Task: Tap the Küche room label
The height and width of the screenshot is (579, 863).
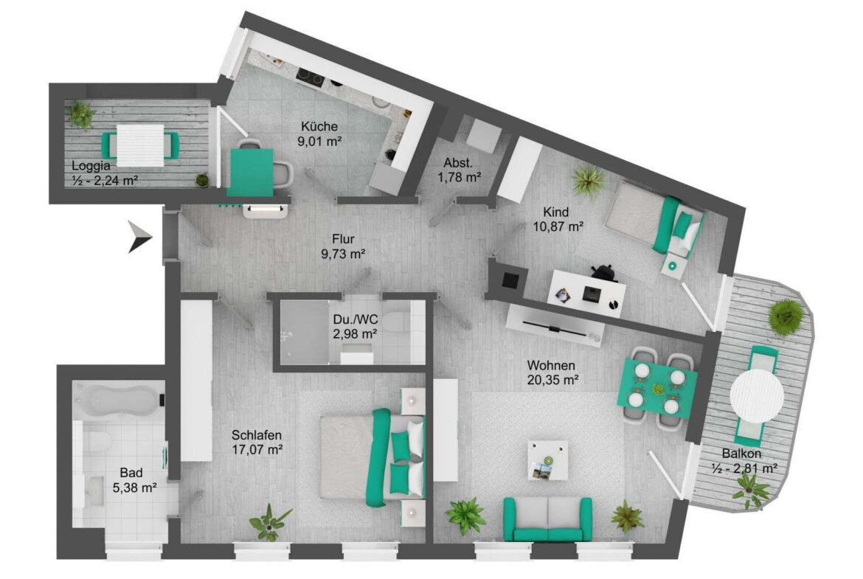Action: (319, 127)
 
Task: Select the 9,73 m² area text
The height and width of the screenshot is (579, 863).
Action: (344, 254)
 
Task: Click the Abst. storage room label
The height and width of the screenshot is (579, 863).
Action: (458, 163)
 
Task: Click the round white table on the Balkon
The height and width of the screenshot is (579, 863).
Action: (757, 395)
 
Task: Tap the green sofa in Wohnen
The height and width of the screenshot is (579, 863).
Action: (548, 519)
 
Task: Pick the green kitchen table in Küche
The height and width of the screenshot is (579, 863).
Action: (251, 173)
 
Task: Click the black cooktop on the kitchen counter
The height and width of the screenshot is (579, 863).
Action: (310, 79)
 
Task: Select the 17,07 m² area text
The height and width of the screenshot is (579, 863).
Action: (257, 449)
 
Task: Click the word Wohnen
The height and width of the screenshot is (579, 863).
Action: (551, 365)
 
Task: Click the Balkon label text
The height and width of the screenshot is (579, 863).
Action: (741, 454)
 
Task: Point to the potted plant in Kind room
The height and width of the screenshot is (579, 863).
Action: (587, 182)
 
